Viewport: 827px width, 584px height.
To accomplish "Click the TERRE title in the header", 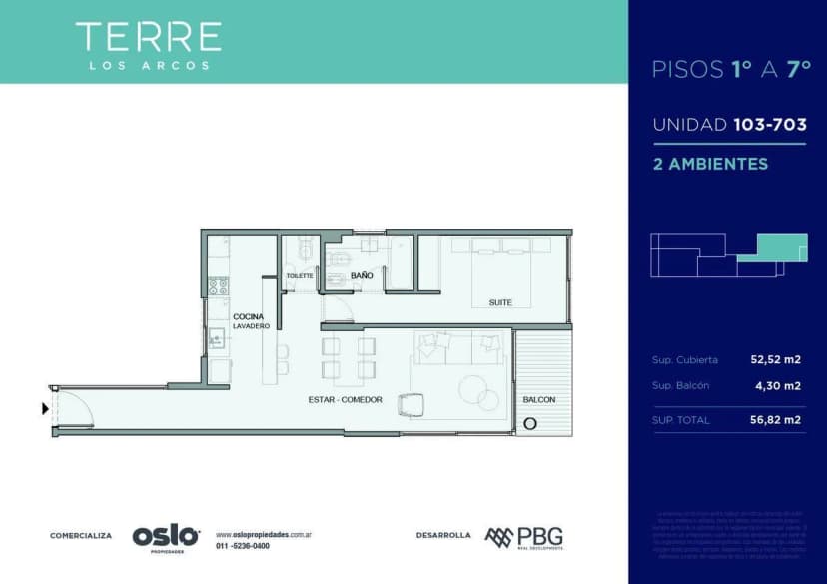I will click(x=148, y=37).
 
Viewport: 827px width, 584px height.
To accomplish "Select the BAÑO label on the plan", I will click(x=361, y=274).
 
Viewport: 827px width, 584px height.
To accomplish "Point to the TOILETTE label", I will click(x=300, y=275).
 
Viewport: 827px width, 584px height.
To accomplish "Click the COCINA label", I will click(x=249, y=316).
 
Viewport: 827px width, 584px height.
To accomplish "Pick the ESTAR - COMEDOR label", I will click(x=346, y=399).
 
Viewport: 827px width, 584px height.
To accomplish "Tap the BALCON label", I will click(x=539, y=400).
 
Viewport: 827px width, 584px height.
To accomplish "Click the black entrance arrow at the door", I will click(x=45, y=408).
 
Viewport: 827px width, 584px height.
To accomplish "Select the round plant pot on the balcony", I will click(x=529, y=423).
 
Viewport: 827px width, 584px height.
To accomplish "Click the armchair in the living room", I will click(x=411, y=405).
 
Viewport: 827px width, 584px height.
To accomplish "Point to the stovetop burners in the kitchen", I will click(x=217, y=287).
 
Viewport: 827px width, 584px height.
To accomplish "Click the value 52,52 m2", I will click(x=775, y=359).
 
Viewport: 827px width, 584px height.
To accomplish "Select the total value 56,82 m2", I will click(x=775, y=420).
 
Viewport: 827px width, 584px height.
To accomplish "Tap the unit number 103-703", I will click(x=769, y=125).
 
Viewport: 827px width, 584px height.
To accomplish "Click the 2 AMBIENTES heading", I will click(x=710, y=163).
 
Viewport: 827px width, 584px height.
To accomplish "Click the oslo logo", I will click(x=166, y=536).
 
